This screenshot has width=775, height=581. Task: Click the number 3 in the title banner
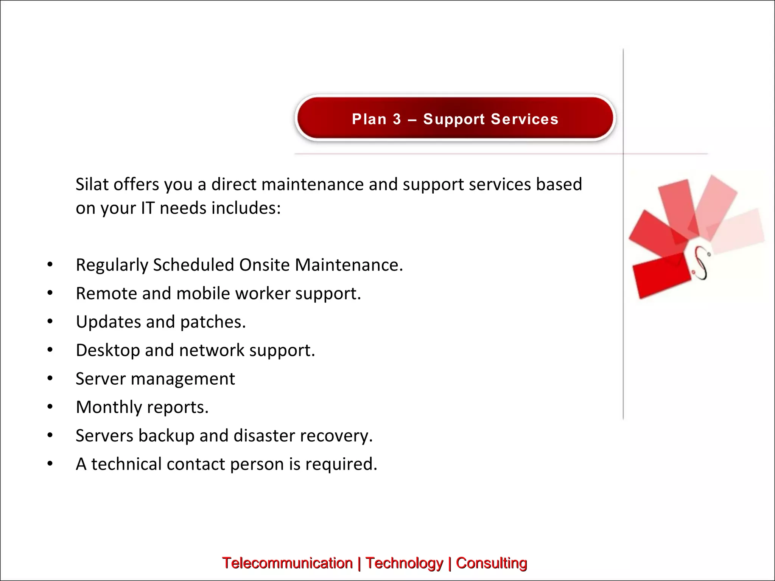397,119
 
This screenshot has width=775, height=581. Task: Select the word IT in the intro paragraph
148,208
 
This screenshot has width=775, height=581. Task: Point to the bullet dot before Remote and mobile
50,293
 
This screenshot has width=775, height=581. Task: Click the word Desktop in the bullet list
107,351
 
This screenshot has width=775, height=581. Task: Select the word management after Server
183,379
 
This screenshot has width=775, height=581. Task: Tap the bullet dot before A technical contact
50,464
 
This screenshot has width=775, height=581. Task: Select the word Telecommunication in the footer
287,563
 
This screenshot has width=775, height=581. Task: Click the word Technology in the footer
404,563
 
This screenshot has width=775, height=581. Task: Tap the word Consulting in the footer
491,563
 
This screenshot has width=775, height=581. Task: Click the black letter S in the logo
701,263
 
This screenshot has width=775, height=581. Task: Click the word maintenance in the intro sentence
313,185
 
